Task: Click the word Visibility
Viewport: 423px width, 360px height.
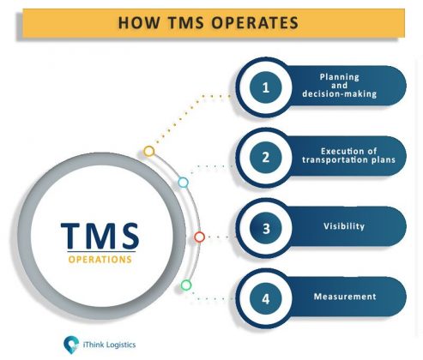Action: click(345, 227)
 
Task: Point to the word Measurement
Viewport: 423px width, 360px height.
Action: click(345, 297)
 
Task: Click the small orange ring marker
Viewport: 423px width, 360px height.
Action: click(148, 151)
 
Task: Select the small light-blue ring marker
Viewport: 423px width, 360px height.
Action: click(183, 183)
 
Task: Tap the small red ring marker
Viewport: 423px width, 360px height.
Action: click(199, 237)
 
